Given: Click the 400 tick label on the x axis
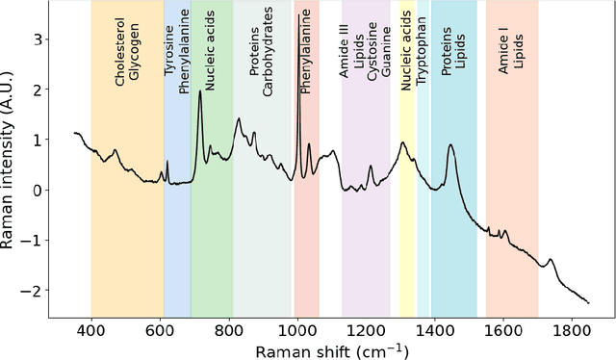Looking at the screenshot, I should pyautogui.click(x=91, y=329).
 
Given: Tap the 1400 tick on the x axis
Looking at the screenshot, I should pyautogui.click(x=434, y=329).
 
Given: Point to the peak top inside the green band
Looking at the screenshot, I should pyautogui.click(x=200, y=91).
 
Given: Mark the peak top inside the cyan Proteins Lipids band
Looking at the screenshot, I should pyautogui.click(x=449, y=145).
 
